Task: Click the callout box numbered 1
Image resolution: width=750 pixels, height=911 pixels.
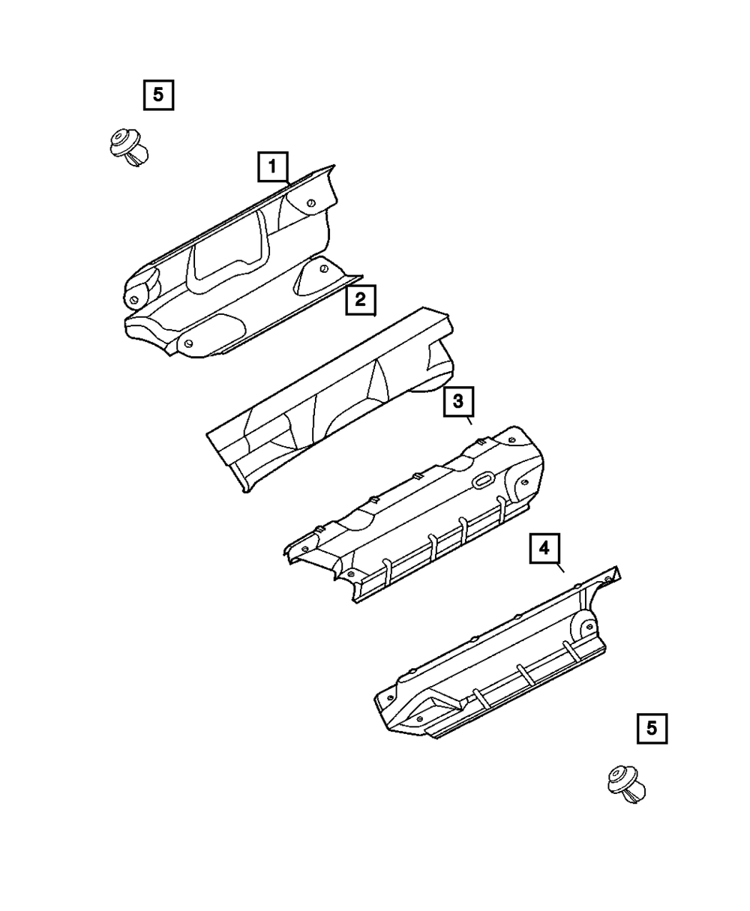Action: pyautogui.click(x=273, y=166)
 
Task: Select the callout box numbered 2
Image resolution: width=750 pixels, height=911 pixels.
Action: pyautogui.click(x=360, y=301)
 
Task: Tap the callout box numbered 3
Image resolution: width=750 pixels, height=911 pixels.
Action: pyautogui.click(x=458, y=402)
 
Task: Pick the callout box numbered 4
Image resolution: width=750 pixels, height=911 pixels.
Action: pyautogui.click(x=544, y=549)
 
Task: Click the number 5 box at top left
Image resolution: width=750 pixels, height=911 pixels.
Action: pyautogui.click(x=158, y=95)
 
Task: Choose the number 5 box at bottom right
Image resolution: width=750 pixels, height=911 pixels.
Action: pyautogui.click(x=651, y=727)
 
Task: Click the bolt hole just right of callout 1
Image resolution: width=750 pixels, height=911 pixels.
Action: pyautogui.click(x=312, y=200)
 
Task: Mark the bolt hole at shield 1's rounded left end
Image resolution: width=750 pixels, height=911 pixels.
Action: pyautogui.click(x=133, y=301)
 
